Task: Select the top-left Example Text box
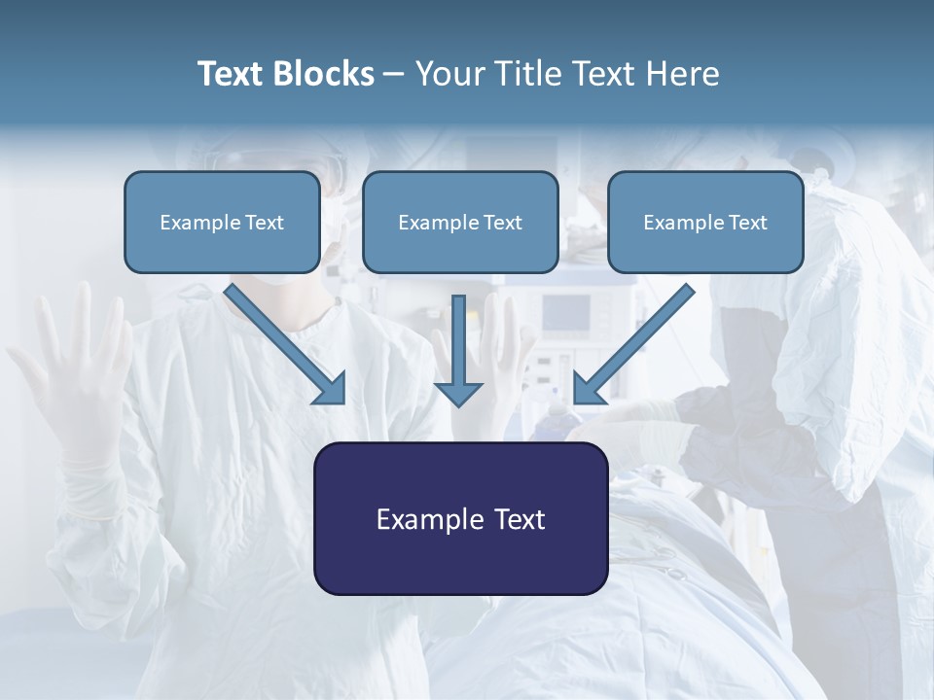coord(222,222)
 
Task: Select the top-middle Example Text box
coord(460,222)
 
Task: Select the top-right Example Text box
coord(705,222)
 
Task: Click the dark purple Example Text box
coord(460,518)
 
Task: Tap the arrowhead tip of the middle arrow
coord(458,402)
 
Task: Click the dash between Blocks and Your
coord(394,74)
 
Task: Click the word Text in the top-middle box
coord(501,223)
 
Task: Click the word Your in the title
coord(449,74)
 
